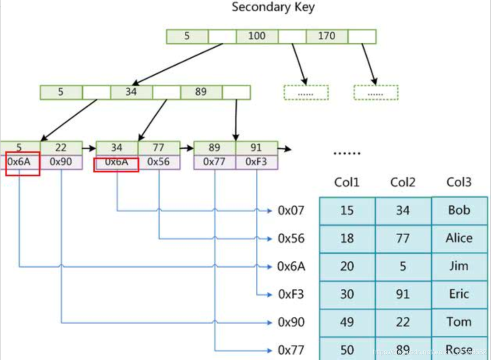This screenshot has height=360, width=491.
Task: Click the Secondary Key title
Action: click(273, 7)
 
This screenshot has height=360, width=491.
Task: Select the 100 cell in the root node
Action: click(257, 36)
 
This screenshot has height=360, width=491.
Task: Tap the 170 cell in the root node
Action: click(326, 36)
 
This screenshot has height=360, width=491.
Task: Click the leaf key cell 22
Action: click(61, 148)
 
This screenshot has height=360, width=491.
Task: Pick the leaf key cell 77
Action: click(159, 148)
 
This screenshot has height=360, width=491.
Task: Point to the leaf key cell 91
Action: click(256, 148)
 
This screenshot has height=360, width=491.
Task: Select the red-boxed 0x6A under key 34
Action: click(116, 162)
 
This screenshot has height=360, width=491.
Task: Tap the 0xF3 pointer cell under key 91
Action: click(256, 162)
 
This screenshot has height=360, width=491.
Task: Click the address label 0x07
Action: click(291, 210)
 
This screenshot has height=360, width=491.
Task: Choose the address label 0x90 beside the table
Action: click(291, 322)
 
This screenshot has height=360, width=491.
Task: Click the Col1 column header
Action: click(347, 182)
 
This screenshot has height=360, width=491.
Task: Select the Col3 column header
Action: click(459, 182)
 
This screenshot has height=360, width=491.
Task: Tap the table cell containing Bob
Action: click(459, 210)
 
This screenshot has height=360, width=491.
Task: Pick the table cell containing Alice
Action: click(459, 238)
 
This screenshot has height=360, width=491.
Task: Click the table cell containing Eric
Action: click(459, 294)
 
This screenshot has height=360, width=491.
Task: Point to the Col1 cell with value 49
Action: click(347, 322)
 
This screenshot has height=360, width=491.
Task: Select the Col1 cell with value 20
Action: click(347, 266)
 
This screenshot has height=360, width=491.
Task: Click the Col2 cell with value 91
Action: click(403, 294)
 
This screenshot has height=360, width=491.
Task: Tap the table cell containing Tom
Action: click(459, 322)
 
